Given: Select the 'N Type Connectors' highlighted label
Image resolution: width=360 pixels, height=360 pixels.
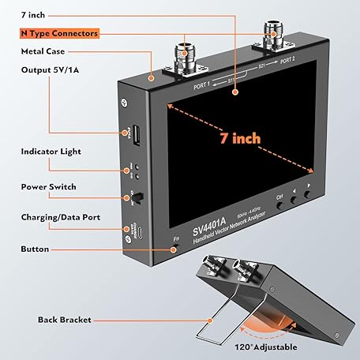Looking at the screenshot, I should tap(60, 34).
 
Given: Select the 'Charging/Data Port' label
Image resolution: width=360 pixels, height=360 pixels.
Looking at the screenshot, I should tap(60, 216).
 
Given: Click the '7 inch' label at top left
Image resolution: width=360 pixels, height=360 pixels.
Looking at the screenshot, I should tap(33, 15).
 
